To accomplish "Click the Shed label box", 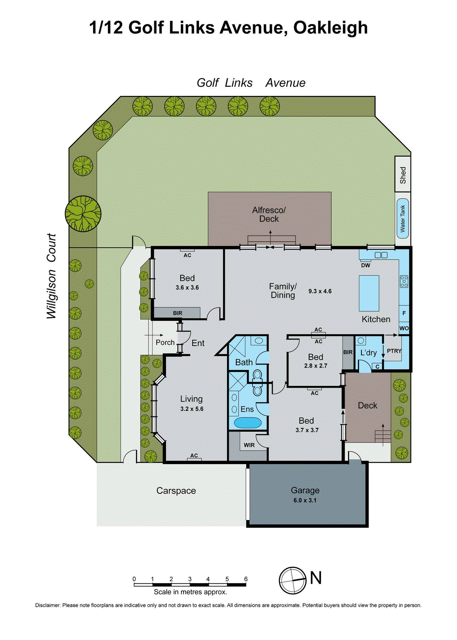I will tap(403, 174).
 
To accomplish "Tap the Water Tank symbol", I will tap(403, 218).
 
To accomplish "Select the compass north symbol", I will tap(293, 580).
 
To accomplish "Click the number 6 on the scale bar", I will tap(245, 579).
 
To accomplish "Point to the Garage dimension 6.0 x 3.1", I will tap(305, 500).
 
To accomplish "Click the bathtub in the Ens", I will tap(247, 423).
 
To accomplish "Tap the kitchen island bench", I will tap(369, 293).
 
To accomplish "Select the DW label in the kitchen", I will tap(365, 265).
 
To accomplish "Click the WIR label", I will tap(249, 445).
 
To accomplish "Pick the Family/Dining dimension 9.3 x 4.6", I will tap(320, 291).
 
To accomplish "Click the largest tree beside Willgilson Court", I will tap(83, 214).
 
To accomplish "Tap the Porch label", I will tap(165, 342).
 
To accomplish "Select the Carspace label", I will tap(176, 491).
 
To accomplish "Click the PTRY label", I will tap(394, 351).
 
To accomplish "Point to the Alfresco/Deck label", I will tap(269, 214).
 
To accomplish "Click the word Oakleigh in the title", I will tap(330, 28).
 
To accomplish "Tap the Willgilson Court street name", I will tap(51, 276).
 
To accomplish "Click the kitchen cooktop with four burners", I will tap(404, 282).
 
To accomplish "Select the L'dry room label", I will tap(368, 352).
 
